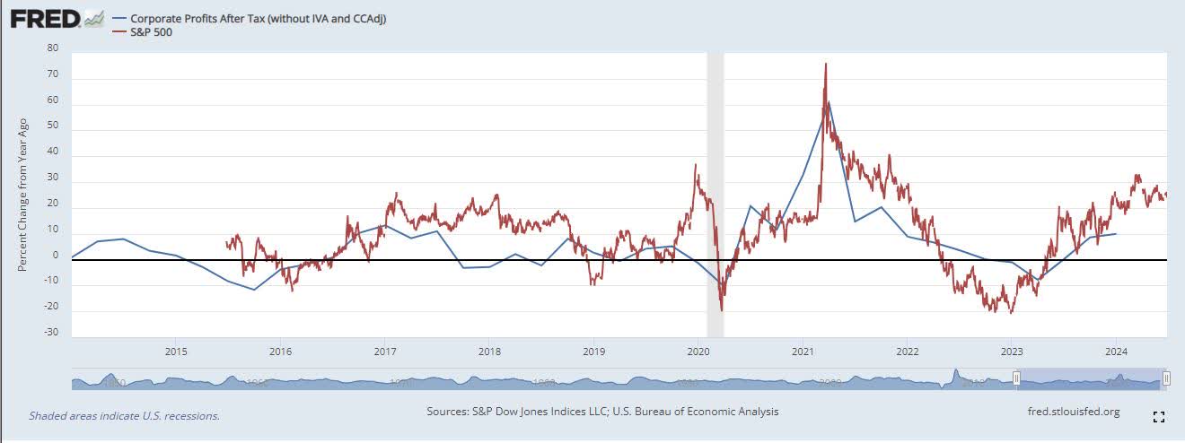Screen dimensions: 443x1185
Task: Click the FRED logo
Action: (45, 17)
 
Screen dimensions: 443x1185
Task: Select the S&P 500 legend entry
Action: (152, 32)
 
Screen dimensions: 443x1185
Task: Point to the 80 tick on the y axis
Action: (53, 48)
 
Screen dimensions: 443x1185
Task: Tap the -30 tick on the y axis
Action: (53, 333)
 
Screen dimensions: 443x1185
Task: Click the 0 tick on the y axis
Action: (56, 256)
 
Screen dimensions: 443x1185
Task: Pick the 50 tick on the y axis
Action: (53, 126)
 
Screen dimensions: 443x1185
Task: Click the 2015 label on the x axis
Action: (176, 351)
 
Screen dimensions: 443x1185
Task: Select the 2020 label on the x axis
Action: (699, 351)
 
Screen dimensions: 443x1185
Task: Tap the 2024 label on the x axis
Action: (1116, 351)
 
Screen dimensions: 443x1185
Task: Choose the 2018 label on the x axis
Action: (489, 351)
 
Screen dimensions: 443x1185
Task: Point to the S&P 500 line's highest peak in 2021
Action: (825, 65)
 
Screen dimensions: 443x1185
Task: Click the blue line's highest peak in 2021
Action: (829, 101)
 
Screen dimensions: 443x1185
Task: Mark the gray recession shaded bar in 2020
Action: (715, 179)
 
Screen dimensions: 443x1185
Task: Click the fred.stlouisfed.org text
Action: (1073, 412)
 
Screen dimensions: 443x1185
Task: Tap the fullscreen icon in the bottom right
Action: (1158, 416)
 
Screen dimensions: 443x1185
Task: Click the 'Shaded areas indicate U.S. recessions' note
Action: (124, 415)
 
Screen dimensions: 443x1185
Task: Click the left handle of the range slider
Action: (1016, 379)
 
